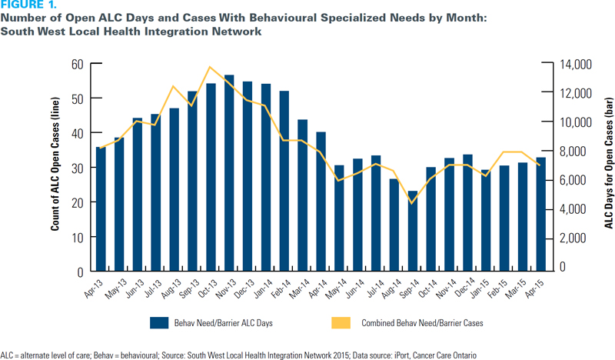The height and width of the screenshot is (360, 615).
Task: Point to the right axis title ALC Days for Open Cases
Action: click(607, 168)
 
